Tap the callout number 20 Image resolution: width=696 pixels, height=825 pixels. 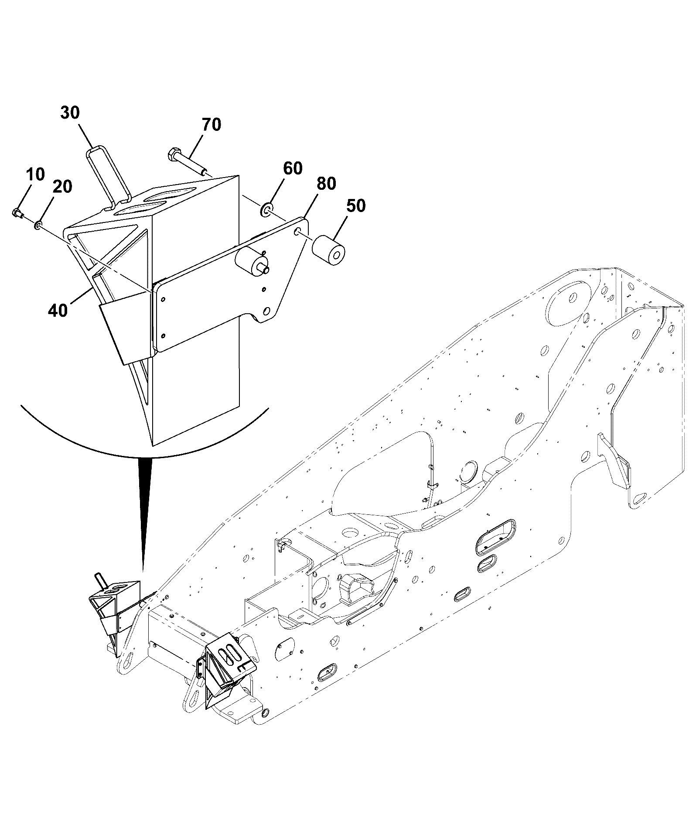[63, 186]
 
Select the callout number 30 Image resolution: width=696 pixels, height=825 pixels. [70, 113]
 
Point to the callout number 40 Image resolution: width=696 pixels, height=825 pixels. [58, 310]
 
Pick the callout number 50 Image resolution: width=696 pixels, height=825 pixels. [356, 205]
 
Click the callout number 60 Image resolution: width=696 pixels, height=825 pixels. [293, 168]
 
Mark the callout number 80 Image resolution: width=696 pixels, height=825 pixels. [326, 184]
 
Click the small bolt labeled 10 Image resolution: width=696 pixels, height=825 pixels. [18, 213]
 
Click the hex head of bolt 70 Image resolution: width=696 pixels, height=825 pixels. [172, 154]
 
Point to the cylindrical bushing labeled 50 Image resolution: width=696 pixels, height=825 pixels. [329, 251]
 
